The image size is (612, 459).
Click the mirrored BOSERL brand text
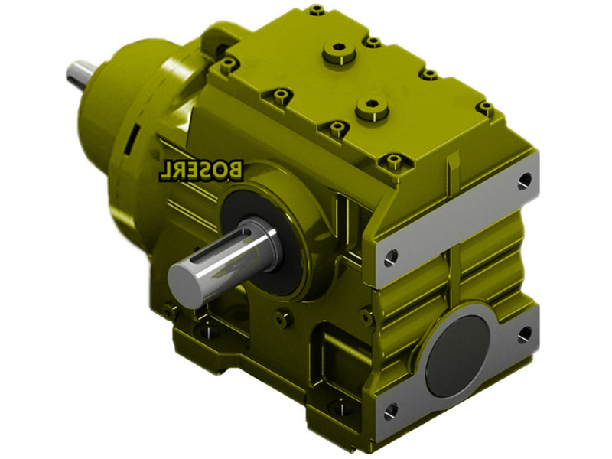[x=201, y=170]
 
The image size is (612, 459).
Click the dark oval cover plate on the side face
[x=457, y=355]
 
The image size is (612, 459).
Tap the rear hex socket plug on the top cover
[x=339, y=51]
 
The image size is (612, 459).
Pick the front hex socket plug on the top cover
[x=372, y=107]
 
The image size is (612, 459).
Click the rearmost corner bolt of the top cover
[x=317, y=10]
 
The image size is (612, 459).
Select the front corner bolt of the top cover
[x=394, y=161]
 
